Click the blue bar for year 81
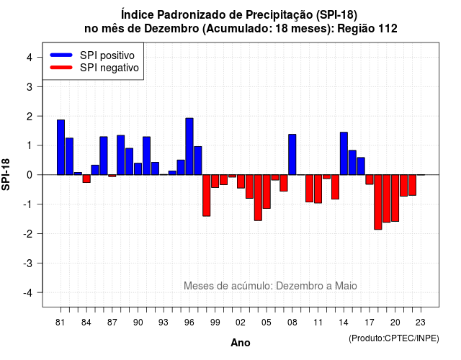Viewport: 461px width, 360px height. (61, 147)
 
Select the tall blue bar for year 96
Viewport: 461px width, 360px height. (189, 146)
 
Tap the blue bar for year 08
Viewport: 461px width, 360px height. (292, 155)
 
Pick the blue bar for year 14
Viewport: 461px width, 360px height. (344, 153)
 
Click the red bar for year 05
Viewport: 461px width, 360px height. (267, 192)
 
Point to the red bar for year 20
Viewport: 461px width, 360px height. (395, 198)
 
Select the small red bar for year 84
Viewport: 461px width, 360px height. (86, 179)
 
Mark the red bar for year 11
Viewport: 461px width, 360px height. (318, 189)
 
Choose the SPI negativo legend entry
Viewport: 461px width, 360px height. (94, 68)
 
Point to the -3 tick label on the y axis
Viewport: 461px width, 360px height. (28, 264)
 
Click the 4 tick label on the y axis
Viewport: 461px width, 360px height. (30, 58)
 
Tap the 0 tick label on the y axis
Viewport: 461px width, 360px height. (30, 175)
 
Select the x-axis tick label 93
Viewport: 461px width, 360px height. (164, 323)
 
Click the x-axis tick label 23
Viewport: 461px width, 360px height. (421, 323)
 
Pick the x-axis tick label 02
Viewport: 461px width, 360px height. (241, 323)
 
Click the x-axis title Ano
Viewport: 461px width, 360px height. (241, 343)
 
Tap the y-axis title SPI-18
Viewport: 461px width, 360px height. (6, 174)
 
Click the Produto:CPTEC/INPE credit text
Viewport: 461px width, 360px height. (394, 338)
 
